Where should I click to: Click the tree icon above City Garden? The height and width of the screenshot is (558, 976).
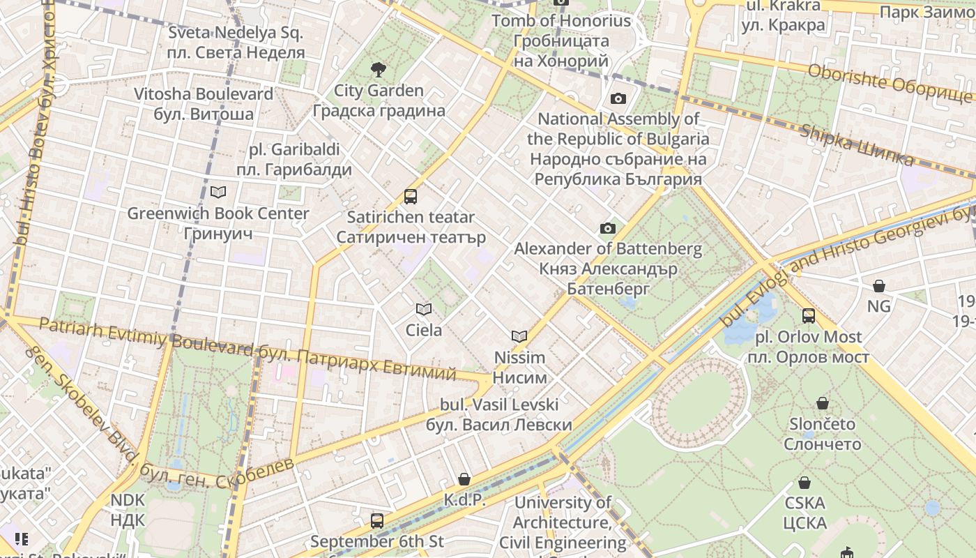379,69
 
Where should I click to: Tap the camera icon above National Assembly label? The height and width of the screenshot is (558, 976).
618,98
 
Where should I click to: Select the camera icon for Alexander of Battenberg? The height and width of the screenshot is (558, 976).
608,228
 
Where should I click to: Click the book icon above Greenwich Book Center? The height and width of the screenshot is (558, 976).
218,192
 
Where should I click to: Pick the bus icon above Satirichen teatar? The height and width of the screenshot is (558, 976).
411,197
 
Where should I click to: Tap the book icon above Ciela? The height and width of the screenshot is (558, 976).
423,309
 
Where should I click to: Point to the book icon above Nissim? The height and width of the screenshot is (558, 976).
519,336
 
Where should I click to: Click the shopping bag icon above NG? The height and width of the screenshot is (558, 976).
879,286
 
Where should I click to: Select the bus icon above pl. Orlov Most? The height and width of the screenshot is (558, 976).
809,316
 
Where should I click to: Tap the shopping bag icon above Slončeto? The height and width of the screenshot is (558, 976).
823,403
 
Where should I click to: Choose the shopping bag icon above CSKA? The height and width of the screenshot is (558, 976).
805,483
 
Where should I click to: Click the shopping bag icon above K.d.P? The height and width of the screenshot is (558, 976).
464,479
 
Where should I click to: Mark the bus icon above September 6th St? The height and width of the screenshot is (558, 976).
377,520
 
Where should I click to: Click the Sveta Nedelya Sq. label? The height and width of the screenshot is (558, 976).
236,43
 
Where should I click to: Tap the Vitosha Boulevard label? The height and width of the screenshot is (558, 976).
204,104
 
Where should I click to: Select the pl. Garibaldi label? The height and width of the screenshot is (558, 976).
293,159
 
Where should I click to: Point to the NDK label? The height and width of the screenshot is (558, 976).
128,510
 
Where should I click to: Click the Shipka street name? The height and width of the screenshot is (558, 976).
857,146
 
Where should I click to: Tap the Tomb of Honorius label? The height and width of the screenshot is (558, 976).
561,40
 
